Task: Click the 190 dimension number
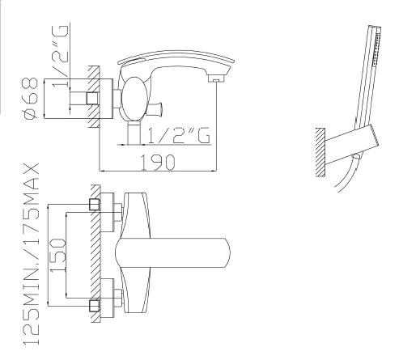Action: click(158, 163)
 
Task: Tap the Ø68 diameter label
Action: click(30, 98)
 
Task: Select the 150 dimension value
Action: click(58, 255)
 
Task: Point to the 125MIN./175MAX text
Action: click(32, 254)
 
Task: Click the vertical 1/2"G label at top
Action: click(60, 56)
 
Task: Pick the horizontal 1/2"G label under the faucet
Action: click(179, 135)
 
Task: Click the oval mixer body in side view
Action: click(134, 99)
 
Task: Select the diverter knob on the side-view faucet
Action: click(155, 108)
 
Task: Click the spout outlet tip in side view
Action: click(216, 78)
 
